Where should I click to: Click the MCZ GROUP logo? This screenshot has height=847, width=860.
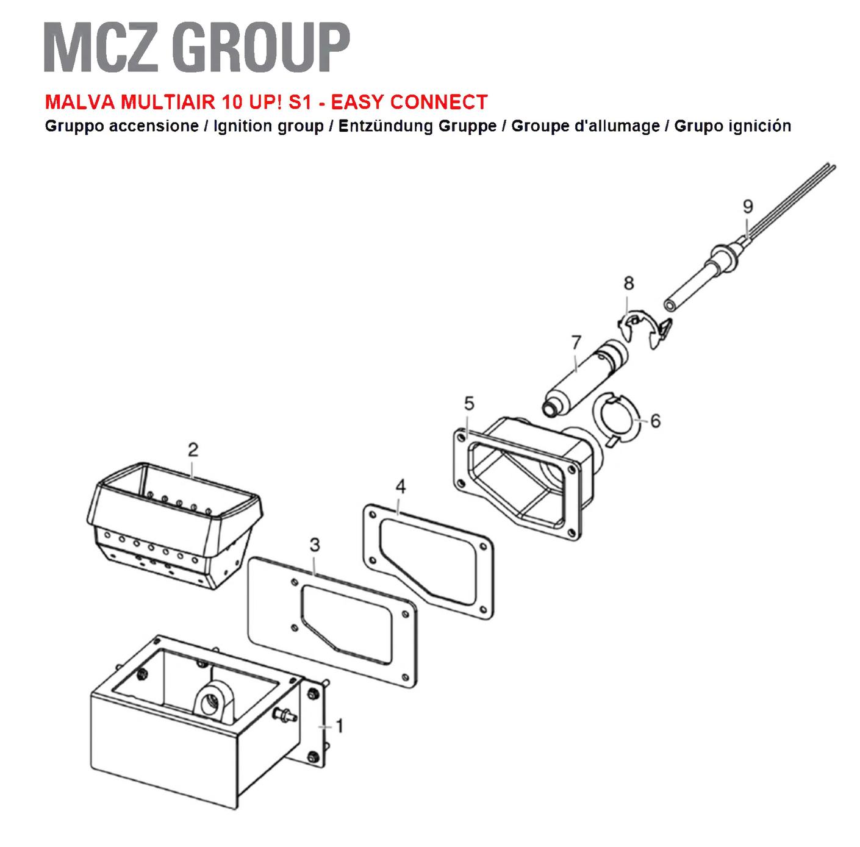pos(196,47)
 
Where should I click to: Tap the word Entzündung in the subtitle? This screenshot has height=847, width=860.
pos(385,126)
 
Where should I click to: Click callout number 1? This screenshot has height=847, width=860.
pos(340,726)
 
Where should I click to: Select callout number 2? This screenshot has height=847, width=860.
pos(193,450)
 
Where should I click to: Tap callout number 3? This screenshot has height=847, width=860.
pos(315,545)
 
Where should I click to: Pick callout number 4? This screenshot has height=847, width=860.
pos(401,487)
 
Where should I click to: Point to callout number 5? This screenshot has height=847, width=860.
pos(468,404)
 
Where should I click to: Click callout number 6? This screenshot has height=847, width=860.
pos(655,421)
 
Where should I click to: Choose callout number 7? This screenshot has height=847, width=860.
pos(576,343)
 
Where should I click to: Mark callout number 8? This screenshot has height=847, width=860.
pos(628,283)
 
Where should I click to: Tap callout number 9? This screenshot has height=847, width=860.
pos(748,206)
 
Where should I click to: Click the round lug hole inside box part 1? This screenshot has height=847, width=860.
pos(207,704)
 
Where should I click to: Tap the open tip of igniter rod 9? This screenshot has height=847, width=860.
pos(670,306)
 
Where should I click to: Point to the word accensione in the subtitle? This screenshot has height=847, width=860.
pos(154,126)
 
